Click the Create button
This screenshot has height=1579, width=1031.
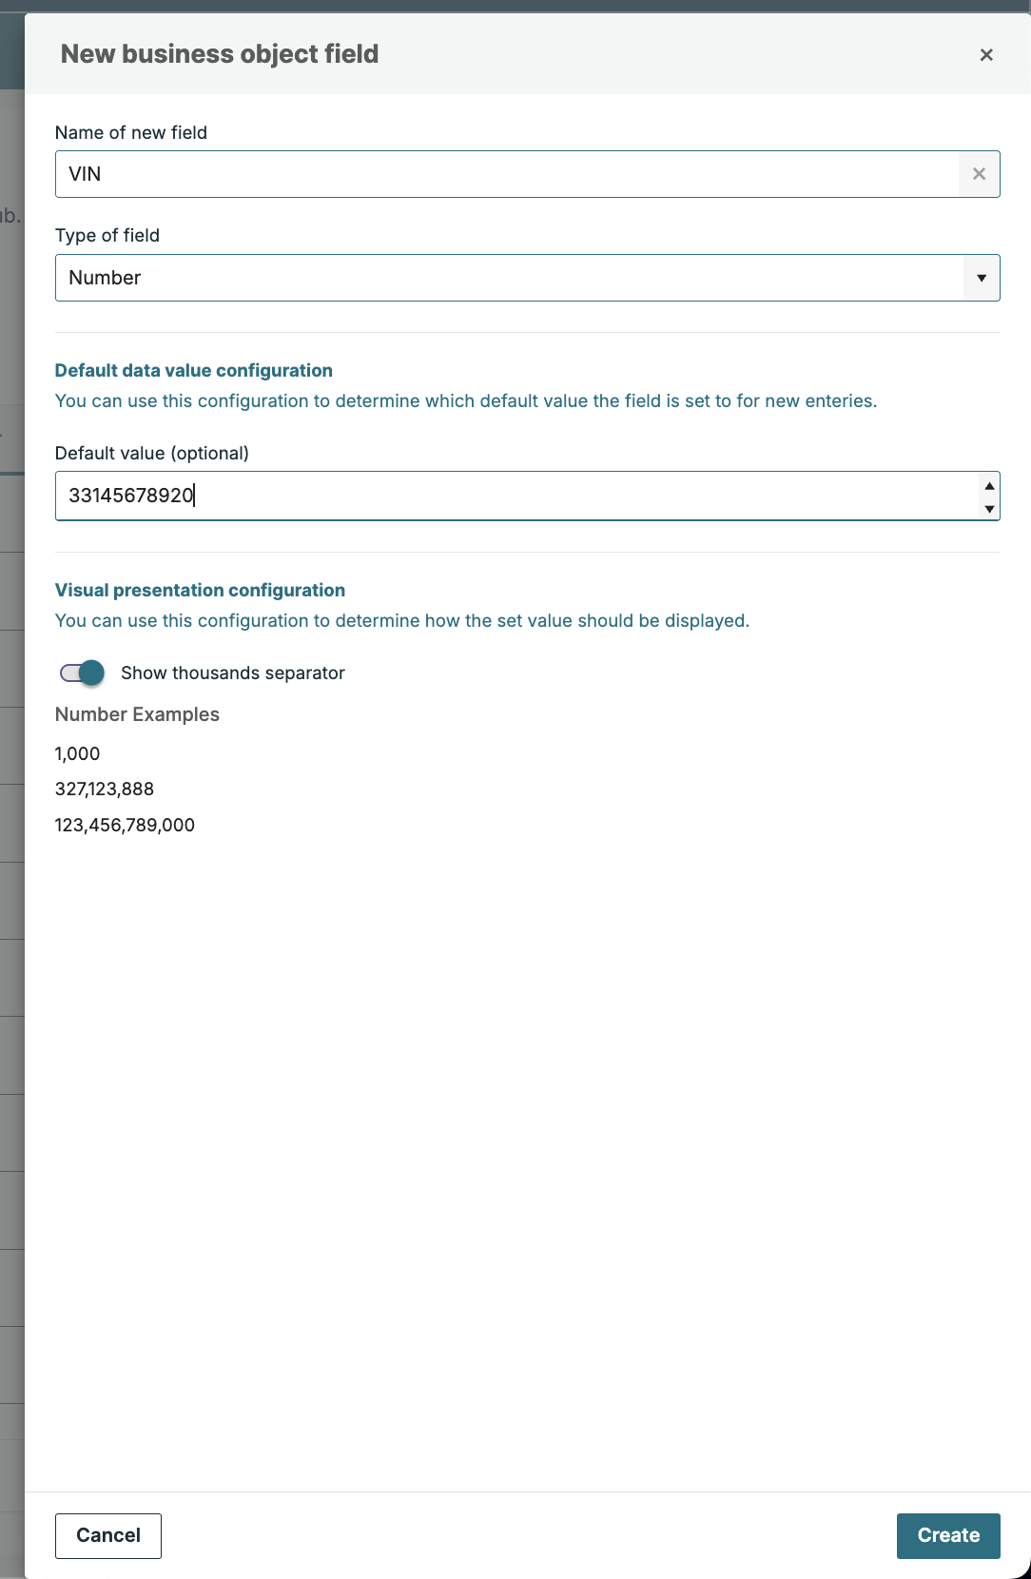[x=947, y=1535]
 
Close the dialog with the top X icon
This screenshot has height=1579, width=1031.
[x=986, y=55]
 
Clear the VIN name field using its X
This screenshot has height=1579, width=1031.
[x=979, y=174]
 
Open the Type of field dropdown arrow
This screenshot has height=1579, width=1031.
[x=981, y=278]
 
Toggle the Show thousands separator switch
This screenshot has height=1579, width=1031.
[x=83, y=673]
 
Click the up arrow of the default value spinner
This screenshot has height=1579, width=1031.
[x=989, y=485]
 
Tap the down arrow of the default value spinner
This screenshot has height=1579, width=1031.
[x=989, y=509]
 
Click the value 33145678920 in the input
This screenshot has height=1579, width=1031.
[x=131, y=496]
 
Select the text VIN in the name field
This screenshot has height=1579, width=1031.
[x=85, y=174]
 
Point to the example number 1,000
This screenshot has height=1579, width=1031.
[x=77, y=753]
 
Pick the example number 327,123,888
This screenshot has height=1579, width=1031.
[x=105, y=789]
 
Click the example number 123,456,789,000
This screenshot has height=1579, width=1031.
[x=125, y=825]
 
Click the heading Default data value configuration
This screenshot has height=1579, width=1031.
[x=194, y=370]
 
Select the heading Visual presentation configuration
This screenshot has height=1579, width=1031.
[x=200, y=590]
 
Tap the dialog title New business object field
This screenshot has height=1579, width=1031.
[x=220, y=54]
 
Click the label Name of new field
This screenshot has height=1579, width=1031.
[x=131, y=132]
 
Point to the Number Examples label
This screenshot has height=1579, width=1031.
[x=137, y=714]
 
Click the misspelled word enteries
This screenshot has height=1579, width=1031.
[x=839, y=400]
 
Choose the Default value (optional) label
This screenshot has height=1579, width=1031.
[x=152, y=453]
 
